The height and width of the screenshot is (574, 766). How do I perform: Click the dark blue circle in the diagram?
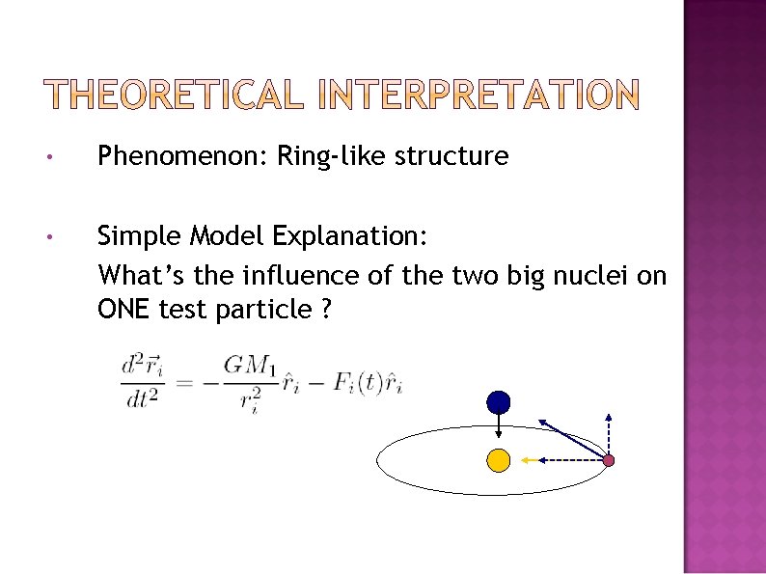[x=498, y=401]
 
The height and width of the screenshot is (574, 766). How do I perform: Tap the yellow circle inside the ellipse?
[x=498, y=460]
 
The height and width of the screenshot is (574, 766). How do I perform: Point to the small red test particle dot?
[x=609, y=461]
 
